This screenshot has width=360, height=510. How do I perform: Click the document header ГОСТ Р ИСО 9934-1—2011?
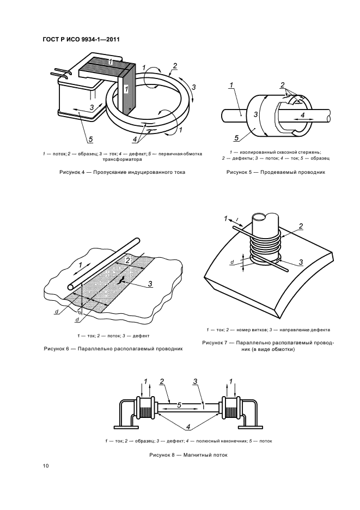click(x=81, y=40)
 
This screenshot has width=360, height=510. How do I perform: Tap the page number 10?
click(x=45, y=466)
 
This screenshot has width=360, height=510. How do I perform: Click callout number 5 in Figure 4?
click(x=90, y=139)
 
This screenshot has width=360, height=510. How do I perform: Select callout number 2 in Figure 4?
click(x=175, y=66)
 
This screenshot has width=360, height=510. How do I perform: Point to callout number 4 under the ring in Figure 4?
click(x=135, y=139)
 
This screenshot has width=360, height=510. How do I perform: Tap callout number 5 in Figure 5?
click(x=236, y=138)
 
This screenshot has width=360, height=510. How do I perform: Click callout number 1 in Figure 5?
click(x=231, y=86)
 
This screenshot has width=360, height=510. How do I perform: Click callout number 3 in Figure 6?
click(x=150, y=284)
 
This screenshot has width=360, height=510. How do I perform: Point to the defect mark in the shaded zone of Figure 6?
click(x=121, y=279)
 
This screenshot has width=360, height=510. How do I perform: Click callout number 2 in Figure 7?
click(x=301, y=226)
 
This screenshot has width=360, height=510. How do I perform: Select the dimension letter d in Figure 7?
click(x=232, y=262)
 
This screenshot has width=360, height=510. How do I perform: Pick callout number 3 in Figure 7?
click(x=301, y=262)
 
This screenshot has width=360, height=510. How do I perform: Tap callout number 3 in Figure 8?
click(x=195, y=381)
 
